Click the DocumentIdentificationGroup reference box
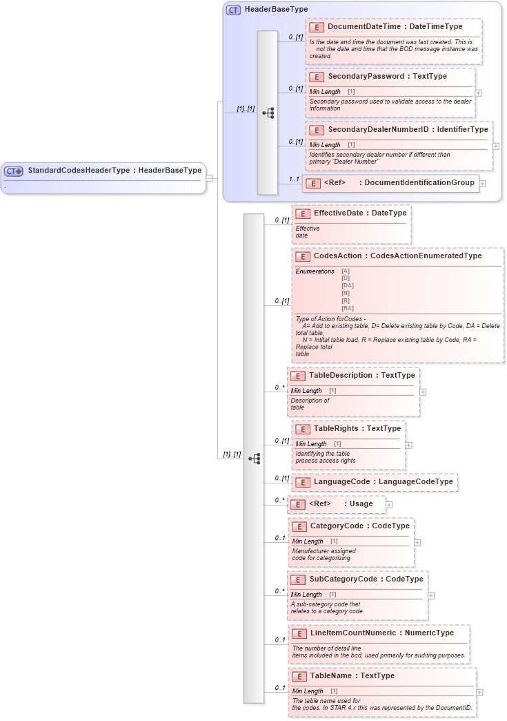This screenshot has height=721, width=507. (391, 183)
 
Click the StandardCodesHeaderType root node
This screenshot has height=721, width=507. (103, 170)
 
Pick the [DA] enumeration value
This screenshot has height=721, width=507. (347, 285)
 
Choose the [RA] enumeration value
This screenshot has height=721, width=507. (347, 308)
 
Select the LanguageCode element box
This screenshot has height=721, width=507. (375, 481)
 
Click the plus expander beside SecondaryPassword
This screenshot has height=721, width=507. (479, 93)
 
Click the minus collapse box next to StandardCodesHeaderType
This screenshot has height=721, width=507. (210, 178)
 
